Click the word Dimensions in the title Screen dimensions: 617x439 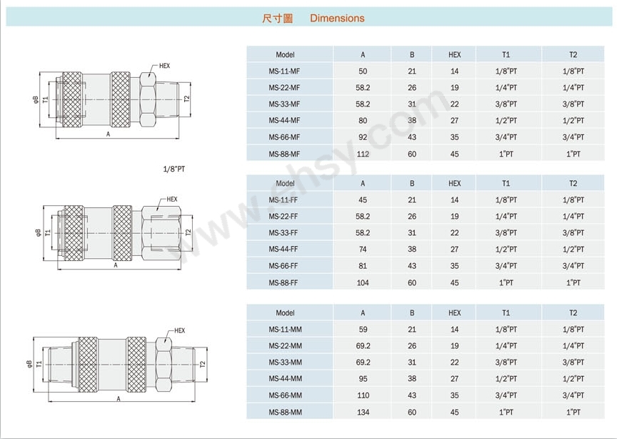(337, 18)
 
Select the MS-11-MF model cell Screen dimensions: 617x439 (284, 71)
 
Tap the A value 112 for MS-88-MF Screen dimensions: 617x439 (363, 154)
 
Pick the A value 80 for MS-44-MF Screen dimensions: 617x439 (363, 121)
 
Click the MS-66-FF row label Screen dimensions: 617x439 (284, 266)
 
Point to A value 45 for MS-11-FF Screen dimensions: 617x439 (363, 200)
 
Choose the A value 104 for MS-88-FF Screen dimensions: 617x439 (363, 282)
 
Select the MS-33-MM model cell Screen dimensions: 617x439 (285, 362)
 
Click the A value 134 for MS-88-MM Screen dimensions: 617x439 (363, 413)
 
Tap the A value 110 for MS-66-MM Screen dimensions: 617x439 (363, 395)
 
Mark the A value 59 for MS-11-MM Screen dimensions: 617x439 (363, 330)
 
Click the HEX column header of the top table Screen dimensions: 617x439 (454, 55)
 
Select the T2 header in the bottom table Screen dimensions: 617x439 (573, 313)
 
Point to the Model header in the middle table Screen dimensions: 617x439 (285, 184)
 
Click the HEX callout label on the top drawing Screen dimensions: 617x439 (164, 66)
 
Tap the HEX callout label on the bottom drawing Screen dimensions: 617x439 (179, 330)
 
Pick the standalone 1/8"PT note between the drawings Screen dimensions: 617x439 (174, 169)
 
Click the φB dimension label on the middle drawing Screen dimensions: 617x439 (38, 232)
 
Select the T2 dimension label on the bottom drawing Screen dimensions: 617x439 (203, 364)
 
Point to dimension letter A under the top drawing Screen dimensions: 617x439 (109, 134)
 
